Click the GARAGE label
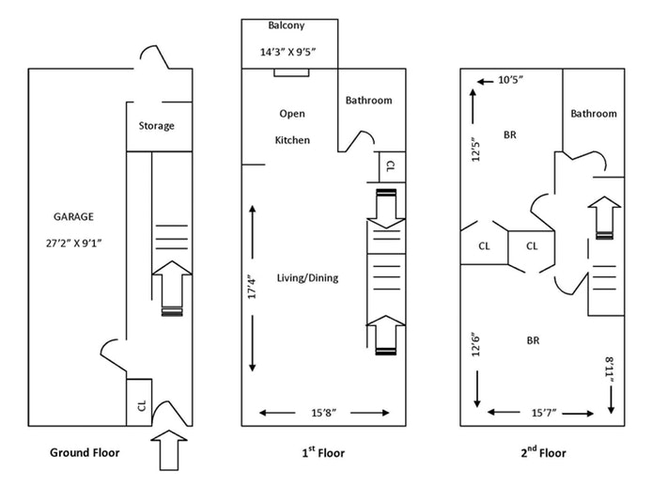point(73,216)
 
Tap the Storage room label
point(156,126)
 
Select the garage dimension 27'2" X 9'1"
point(74,243)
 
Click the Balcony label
point(287,25)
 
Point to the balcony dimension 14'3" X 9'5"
point(288,52)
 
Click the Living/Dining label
point(308,278)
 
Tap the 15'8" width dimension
point(324,413)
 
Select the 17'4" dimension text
point(252,287)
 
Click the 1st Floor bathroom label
point(369,101)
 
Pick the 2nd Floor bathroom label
point(594,114)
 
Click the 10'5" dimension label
point(511,80)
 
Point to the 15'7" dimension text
point(544,413)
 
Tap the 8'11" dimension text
point(610,369)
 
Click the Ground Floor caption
point(85,452)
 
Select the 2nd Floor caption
point(543,452)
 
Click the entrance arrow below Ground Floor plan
point(169,450)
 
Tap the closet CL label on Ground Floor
point(142,406)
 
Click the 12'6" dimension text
point(475,344)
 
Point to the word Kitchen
point(292,140)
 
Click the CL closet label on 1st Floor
point(391,166)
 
